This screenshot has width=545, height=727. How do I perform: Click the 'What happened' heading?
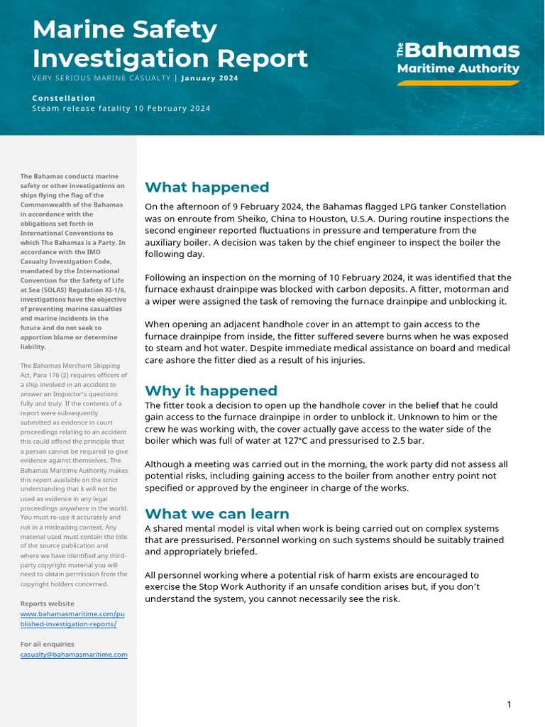click(x=207, y=187)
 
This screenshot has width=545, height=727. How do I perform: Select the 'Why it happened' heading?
click(x=211, y=391)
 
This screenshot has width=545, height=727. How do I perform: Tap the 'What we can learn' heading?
click(x=216, y=514)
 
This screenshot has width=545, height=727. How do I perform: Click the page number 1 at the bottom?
click(x=509, y=704)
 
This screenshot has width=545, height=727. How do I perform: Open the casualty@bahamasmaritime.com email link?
click(x=74, y=655)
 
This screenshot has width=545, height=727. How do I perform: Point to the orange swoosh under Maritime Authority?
click(x=458, y=82)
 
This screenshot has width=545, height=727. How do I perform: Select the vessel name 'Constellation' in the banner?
click(x=64, y=98)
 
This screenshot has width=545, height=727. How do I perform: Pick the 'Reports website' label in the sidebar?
click(x=47, y=603)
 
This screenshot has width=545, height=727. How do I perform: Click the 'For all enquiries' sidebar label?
click(x=47, y=645)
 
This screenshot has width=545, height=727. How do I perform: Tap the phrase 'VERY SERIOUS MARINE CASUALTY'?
click(x=101, y=78)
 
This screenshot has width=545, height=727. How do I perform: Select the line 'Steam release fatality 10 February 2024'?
click(x=121, y=109)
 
